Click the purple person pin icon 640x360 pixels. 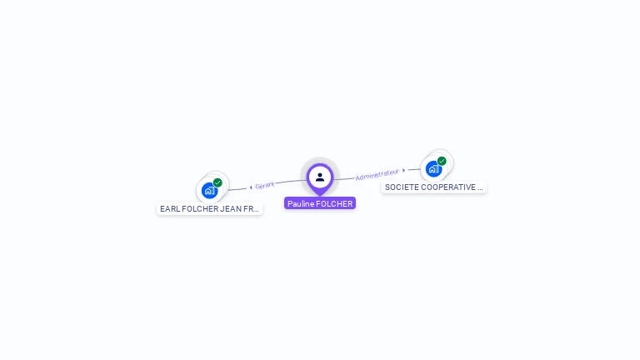coord(320,177)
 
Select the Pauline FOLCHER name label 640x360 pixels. coord(320,203)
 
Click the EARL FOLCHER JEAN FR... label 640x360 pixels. coord(210,209)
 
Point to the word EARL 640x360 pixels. coord(169,209)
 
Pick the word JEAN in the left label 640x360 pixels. coord(227,209)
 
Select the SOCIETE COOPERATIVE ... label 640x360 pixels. coord(434,187)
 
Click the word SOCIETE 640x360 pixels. coord(401,187)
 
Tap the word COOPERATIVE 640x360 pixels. coord(447,187)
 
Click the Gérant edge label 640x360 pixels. coord(265,185)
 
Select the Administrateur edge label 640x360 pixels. coord(377,175)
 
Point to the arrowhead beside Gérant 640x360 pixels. coord(251,187)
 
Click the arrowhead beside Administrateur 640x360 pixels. coord(404,171)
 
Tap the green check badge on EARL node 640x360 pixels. coord(217,182)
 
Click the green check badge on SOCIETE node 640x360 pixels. coord(442,161)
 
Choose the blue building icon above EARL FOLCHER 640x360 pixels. coord(209,190)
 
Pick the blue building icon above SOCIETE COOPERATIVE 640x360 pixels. coord(433,168)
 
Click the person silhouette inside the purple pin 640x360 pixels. coord(320,177)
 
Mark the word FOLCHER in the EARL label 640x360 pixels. coord(197,209)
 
